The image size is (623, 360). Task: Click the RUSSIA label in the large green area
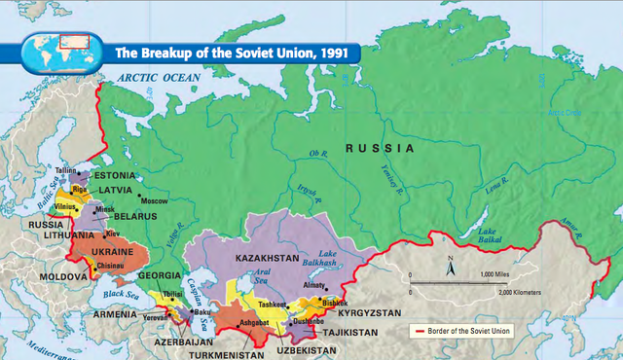380,149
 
